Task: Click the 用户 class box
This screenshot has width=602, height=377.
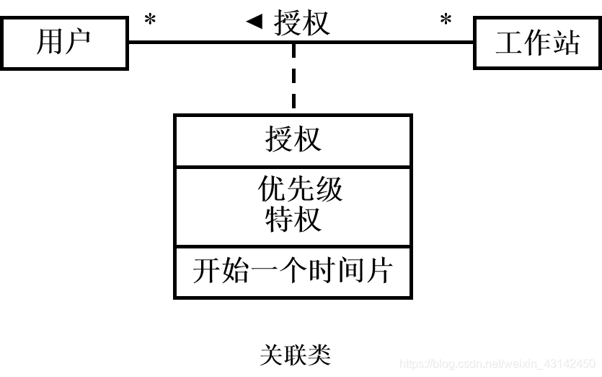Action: point(64,43)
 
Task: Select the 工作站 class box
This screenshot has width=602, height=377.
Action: point(537,43)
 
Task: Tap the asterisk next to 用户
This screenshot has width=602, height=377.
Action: point(150,21)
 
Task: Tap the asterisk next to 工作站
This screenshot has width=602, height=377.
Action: point(446,21)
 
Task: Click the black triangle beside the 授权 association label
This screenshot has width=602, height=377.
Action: point(254,22)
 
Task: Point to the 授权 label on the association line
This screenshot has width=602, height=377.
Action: point(302,23)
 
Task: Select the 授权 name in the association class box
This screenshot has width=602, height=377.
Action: point(293,139)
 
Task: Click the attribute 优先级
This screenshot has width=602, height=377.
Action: point(300,189)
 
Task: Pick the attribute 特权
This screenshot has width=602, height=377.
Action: point(293,219)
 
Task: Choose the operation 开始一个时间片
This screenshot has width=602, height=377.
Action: point(293,272)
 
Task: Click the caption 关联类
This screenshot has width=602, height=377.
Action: point(294,355)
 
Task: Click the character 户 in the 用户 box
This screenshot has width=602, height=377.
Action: point(78,43)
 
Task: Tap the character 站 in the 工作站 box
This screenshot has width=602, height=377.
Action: point(566,43)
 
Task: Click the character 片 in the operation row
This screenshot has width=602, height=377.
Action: point(379,272)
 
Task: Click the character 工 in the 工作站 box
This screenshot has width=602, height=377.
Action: point(509,43)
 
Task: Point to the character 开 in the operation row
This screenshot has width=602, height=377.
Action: point(206,272)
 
